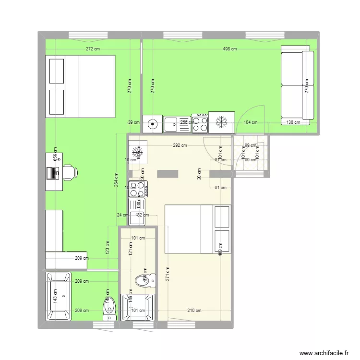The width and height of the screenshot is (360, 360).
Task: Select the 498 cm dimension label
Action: click(x=230, y=49)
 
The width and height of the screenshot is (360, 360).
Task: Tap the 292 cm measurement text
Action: click(x=180, y=145)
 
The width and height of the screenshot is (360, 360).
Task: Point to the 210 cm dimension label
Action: click(x=194, y=311)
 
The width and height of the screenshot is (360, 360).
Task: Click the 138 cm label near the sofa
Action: click(x=293, y=122)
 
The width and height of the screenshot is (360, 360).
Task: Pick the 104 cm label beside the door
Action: click(x=251, y=122)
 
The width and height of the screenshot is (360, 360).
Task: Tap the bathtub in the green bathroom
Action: click(x=58, y=296)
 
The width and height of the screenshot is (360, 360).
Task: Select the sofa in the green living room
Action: click(x=297, y=85)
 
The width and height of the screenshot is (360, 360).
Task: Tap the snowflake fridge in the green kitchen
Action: click(x=221, y=122)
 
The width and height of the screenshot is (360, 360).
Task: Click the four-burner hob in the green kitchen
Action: click(x=200, y=122)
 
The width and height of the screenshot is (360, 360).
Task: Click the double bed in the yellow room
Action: click(x=198, y=229)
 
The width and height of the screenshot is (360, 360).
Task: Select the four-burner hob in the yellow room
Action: click(x=139, y=189)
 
